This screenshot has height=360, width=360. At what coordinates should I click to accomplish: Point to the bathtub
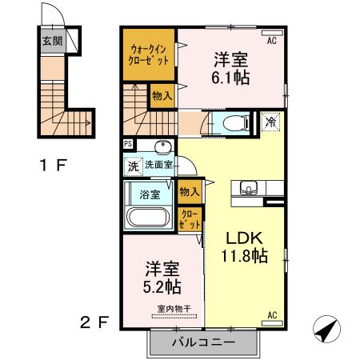click(x=146, y=218)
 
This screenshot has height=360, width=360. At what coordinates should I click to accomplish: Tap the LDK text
click(x=243, y=238)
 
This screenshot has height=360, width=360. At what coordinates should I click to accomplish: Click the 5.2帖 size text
click(x=162, y=286)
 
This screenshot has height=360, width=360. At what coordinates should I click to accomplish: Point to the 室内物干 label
click(x=162, y=309)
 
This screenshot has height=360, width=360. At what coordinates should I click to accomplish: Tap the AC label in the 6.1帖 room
click(x=270, y=39)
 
